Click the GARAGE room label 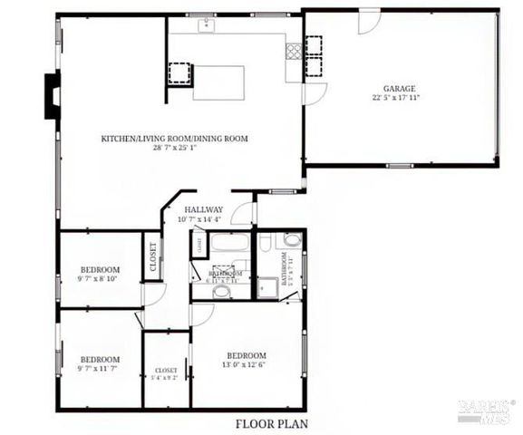tap(400, 88)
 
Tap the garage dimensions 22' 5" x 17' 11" tap(400, 97)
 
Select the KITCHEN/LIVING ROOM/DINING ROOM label tap(174, 139)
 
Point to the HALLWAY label tap(204, 210)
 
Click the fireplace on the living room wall tap(52, 95)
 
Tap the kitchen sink tap(208, 24)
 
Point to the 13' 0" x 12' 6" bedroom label tap(247, 355)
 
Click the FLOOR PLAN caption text tap(273, 423)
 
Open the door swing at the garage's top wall tap(369, 23)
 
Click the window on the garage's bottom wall tap(400, 165)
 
